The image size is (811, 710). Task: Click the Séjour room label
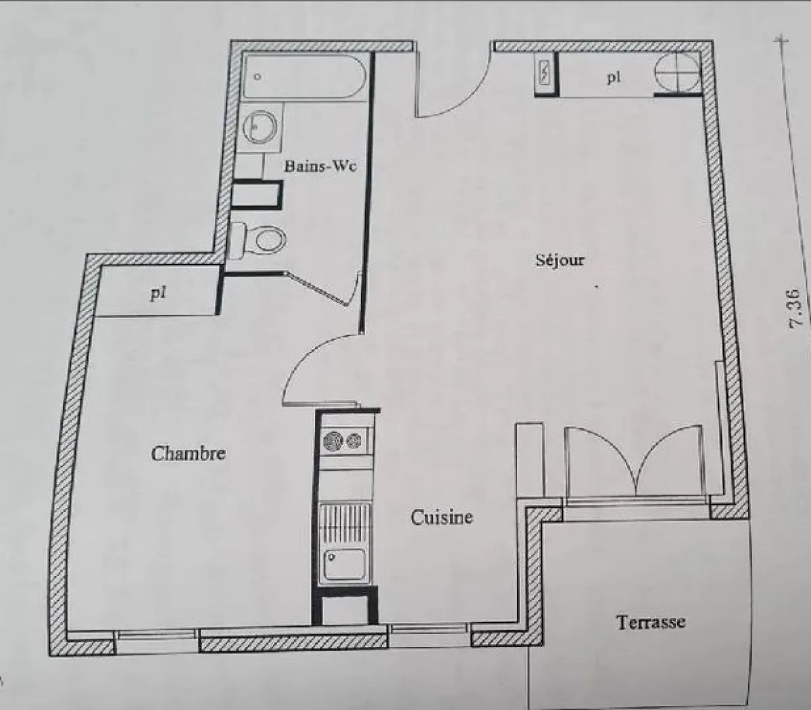[x=560, y=260]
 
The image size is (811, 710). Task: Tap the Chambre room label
[x=188, y=453]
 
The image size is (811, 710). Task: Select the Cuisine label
[x=442, y=518]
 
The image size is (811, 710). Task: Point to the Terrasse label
[x=650, y=621]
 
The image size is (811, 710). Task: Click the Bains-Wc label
[x=320, y=166]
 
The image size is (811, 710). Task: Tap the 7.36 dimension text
[x=795, y=309]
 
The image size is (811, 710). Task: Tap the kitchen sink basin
[x=345, y=565]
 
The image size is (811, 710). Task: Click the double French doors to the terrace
[x=635, y=463]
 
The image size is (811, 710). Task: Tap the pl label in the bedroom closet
[x=157, y=293]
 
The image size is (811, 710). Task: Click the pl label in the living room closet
[x=613, y=78]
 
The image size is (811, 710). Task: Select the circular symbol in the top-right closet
[x=677, y=72]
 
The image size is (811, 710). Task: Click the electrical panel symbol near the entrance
[x=544, y=73]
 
